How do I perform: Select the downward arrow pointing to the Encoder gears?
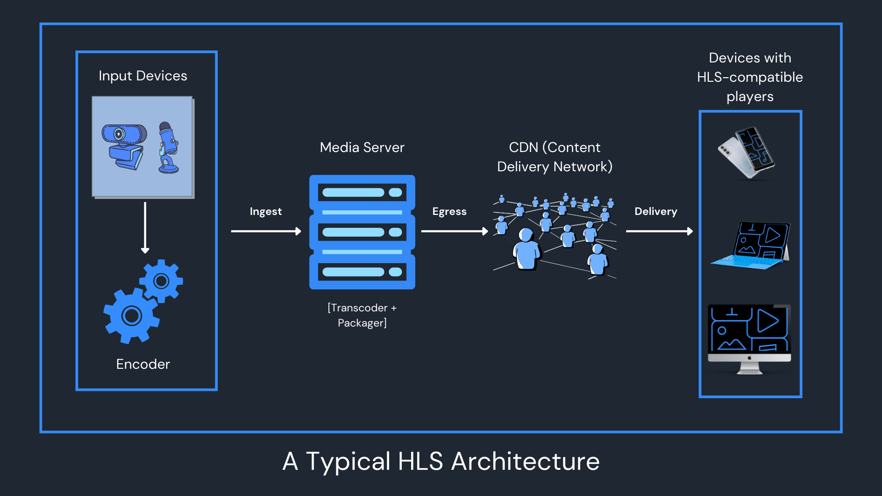coord(145,227)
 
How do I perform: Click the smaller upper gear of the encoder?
coord(161,281)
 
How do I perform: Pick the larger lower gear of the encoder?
coord(131,316)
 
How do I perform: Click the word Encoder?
coord(143,364)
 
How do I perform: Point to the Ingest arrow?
coord(266,231)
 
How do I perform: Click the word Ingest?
coord(266,211)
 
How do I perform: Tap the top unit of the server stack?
coord(362,192)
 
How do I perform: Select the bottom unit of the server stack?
coord(362,272)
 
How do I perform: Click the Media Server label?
coord(362,147)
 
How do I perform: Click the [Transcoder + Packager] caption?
coord(362,315)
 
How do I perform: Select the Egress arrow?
coord(454,231)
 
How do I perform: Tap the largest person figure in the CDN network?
coord(526,250)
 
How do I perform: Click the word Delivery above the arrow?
coord(656,211)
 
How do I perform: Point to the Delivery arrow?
coord(659,231)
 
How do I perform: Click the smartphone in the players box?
coord(747,153)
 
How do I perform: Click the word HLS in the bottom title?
coord(420,461)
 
